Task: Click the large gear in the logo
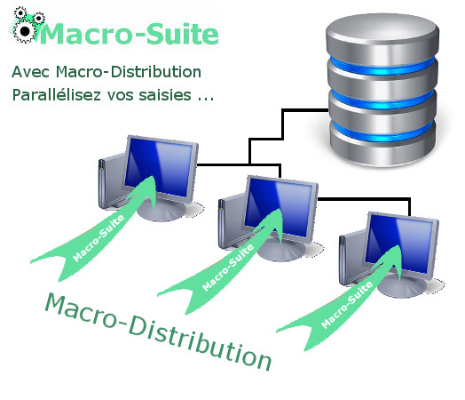(x=25, y=31)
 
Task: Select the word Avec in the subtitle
(x=30, y=72)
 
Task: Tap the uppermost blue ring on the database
(x=382, y=66)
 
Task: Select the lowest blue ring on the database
(x=382, y=132)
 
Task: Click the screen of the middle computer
(x=278, y=208)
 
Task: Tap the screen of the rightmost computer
(x=398, y=244)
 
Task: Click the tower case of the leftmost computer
(x=111, y=181)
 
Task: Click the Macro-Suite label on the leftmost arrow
(x=99, y=238)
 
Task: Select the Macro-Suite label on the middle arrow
(x=228, y=268)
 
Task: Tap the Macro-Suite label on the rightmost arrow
(x=347, y=304)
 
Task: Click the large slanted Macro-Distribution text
(x=158, y=331)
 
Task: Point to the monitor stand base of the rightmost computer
(x=403, y=287)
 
